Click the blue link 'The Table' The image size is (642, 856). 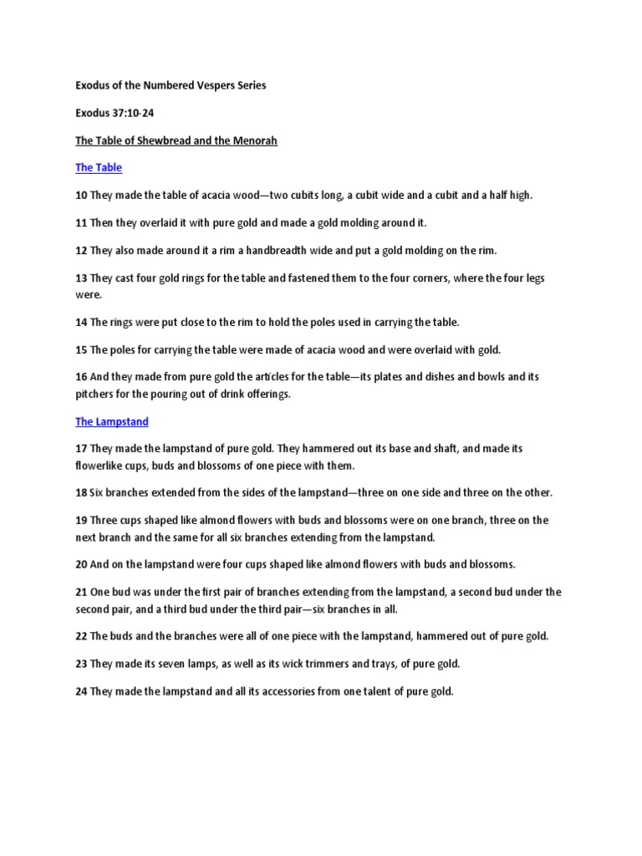99,168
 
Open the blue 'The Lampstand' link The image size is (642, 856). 111,422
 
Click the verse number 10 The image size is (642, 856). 81,196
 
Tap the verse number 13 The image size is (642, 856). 81,278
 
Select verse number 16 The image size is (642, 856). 81,377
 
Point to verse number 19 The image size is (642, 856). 81,520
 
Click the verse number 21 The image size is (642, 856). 81,592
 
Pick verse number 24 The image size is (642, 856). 81,691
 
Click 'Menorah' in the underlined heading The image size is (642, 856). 254,140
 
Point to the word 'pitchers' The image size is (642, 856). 95,394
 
